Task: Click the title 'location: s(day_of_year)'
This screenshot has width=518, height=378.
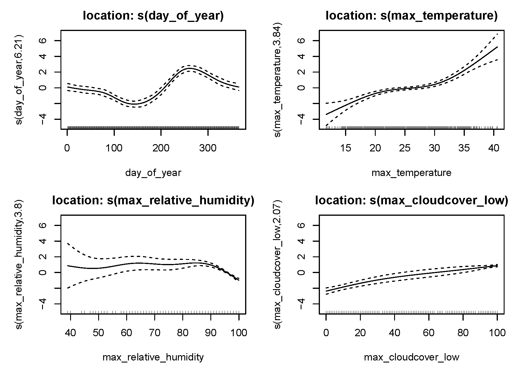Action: (x=153, y=15)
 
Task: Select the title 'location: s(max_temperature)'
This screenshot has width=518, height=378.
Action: (x=411, y=15)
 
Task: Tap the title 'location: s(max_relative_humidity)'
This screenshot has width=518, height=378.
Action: (x=153, y=201)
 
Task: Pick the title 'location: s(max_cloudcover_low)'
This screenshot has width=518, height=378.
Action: (x=411, y=201)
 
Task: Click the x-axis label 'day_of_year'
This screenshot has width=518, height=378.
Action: (x=153, y=173)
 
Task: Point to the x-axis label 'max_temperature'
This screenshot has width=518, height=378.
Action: (x=411, y=173)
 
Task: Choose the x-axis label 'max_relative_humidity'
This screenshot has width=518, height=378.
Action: (x=153, y=357)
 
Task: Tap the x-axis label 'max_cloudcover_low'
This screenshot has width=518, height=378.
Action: (x=411, y=357)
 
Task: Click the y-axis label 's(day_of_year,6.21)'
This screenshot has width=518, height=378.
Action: (x=20, y=80)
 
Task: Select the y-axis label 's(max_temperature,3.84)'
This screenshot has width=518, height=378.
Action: (x=278, y=80)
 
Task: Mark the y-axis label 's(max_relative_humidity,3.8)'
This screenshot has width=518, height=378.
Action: (x=20, y=265)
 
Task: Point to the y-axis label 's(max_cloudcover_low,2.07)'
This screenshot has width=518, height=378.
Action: (x=278, y=265)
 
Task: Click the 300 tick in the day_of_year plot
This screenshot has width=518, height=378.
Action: (x=208, y=148)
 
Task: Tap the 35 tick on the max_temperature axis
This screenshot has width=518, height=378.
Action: (x=464, y=148)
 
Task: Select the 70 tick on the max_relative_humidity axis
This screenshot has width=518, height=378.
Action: (x=155, y=333)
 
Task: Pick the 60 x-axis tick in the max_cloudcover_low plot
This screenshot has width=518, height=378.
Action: (x=429, y=333)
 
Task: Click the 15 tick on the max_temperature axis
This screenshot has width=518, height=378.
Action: (x=345, y=148)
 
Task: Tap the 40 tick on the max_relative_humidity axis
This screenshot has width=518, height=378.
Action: (x=70, y=333)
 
